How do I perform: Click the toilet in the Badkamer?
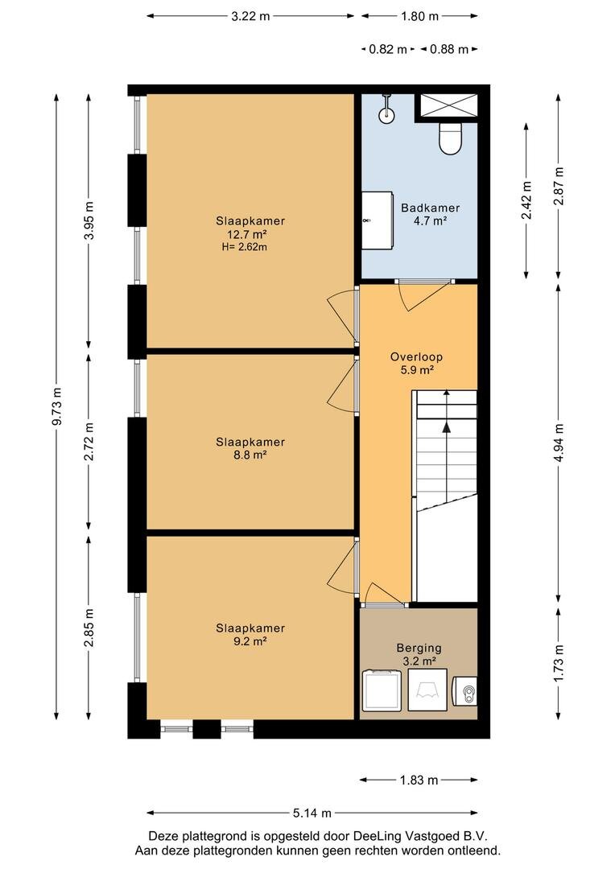point(450,138)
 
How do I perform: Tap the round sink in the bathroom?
point(386,114)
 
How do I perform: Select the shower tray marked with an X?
point(448,105)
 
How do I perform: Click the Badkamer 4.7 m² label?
point(431,214)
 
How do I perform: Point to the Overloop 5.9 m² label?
point(416,363)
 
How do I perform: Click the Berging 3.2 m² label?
point(419,654)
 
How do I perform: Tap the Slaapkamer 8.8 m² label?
point(250,448)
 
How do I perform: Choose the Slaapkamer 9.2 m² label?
point(250,635)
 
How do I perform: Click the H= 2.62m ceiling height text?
point(244,247)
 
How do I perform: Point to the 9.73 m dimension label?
point(57,406)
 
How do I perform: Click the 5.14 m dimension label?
point(312,813)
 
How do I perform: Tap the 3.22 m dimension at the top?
point(250,16)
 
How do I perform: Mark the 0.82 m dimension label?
point(388,49)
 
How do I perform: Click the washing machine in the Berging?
point(382,690)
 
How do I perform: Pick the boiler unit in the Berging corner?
point(464,691)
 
